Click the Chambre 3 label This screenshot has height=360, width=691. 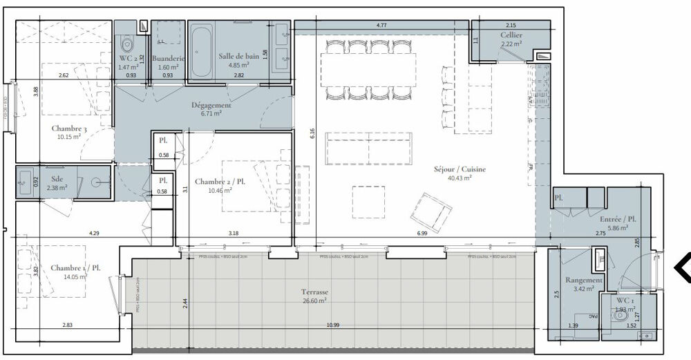pos(68,129)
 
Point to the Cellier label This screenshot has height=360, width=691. pos(511,35)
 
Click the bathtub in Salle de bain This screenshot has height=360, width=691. pos(201,52)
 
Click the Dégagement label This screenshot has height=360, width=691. pos(211,106)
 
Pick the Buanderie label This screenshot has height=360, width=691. pos(167,59)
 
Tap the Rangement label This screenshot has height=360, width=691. pos(584,281)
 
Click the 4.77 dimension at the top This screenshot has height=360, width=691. pos(381,26)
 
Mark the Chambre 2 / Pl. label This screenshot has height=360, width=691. pos(220,181)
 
